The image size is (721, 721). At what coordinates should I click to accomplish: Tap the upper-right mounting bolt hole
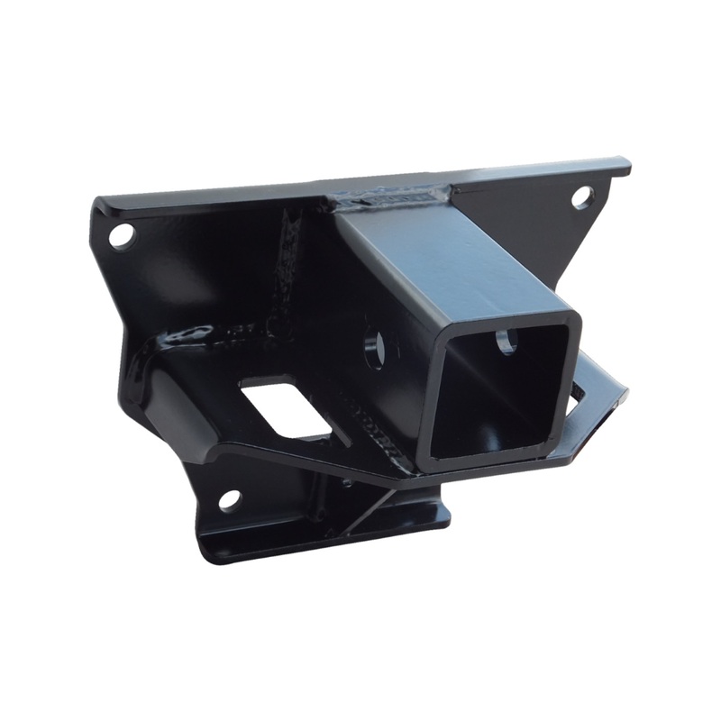pyautogui.click(x=581, y=194)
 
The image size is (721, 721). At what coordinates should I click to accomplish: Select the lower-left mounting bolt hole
pyautogui.click(x=230, y=498)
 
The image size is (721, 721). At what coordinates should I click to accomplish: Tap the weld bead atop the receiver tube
pyautogui.click(x=397, y=194)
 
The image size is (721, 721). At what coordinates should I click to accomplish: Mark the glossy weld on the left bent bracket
pyautogui.click(x=176, y=338)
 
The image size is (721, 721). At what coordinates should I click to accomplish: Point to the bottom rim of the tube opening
pyautogui.click(x=487, y=460)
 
